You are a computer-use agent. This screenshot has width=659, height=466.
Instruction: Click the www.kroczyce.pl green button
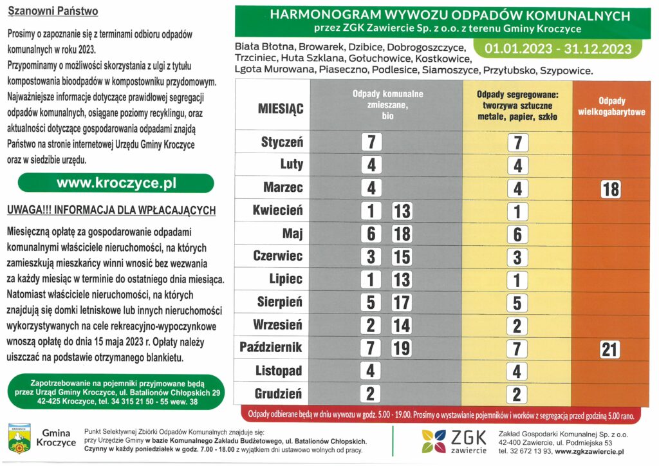[x=116, y=183]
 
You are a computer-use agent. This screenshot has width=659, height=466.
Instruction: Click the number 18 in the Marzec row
[x=610, y=189]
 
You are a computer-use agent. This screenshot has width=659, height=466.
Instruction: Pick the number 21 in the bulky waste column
[x=609, y=349]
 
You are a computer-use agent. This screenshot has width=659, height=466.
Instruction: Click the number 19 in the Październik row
[x=402, y=349]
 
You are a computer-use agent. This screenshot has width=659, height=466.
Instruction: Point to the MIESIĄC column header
[x=281, y=107]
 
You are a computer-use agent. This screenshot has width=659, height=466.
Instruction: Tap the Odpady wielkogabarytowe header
[x=612, y=106]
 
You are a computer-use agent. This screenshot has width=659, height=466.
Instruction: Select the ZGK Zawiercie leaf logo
[x=435, y=440]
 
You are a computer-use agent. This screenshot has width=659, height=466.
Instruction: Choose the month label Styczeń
[x=282, y=142]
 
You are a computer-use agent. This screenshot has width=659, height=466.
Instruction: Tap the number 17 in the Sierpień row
[x=402, y=303]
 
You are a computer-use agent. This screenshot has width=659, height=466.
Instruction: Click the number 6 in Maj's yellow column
[x=517, y=235]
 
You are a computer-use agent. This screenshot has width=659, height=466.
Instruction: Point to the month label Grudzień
[x=278, y=394]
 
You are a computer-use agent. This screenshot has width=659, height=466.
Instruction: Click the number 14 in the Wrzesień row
[x=402, y=326]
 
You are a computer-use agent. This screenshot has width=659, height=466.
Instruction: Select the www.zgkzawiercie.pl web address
[x=589, y=452]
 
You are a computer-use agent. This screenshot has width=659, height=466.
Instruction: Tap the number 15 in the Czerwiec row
[x=402, y=257]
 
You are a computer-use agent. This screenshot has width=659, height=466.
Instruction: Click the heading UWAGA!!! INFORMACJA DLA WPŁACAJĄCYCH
[x=111, y=211]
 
